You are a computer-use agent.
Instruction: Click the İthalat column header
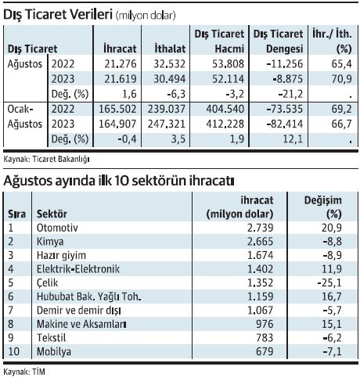[170, 49]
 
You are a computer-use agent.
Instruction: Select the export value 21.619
[121, 79]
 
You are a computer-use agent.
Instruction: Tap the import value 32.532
[169, 64]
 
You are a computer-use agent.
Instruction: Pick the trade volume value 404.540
[225, 109]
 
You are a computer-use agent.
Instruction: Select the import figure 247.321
[167, 124]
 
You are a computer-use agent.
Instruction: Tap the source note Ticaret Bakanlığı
[61, 159]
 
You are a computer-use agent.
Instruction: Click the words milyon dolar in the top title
[146, 16]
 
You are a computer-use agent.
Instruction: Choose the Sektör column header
[52, 214]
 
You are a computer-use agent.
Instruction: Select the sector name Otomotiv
[57, 228]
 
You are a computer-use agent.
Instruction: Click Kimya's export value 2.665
[260, 242]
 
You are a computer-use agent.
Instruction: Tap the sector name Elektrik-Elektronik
[78, 269]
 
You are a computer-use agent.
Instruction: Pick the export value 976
[265, 324]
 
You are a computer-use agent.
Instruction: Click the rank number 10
[14, 351]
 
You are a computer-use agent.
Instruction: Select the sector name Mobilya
[54, 351]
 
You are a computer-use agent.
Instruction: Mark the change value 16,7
[332, 297]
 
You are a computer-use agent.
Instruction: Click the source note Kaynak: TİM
[24, 372]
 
